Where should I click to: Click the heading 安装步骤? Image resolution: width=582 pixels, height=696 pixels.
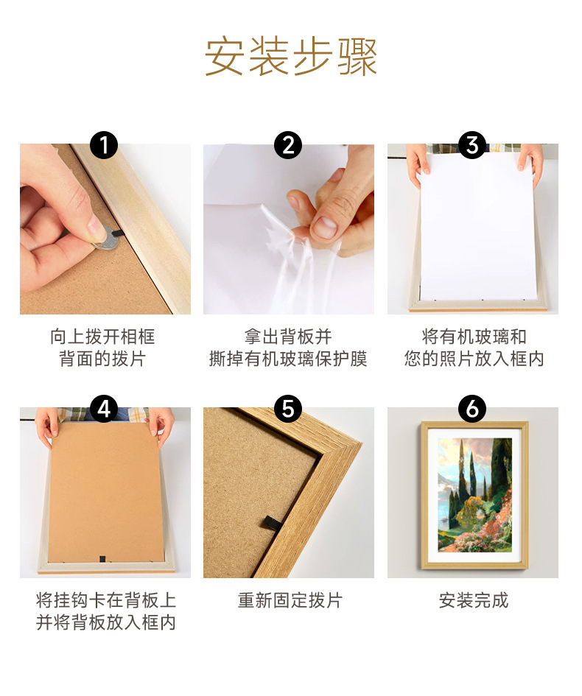coord(290,57)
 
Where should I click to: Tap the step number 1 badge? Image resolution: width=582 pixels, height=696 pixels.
coord(104,145)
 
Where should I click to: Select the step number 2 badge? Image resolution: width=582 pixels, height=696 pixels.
coord(288,145)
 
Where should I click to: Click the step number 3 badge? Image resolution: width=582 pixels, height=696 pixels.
coord(472,145)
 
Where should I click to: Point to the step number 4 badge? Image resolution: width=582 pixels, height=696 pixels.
coord(104,409)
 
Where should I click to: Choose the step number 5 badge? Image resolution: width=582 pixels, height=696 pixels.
coord(288,409)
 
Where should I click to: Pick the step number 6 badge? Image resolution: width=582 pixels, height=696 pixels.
coord(472,409)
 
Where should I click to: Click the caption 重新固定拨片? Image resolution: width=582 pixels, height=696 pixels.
coord(290,600)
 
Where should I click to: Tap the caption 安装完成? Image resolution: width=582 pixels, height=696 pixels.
coord(473,600)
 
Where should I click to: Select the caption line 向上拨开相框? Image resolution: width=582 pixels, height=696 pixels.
coord(102,337)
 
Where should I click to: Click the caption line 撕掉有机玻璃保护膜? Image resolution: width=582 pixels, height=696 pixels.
coord(288,359)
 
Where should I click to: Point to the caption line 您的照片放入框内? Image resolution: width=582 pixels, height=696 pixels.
coord(474,359)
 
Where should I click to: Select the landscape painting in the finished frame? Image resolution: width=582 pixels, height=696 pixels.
coord(474,494)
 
